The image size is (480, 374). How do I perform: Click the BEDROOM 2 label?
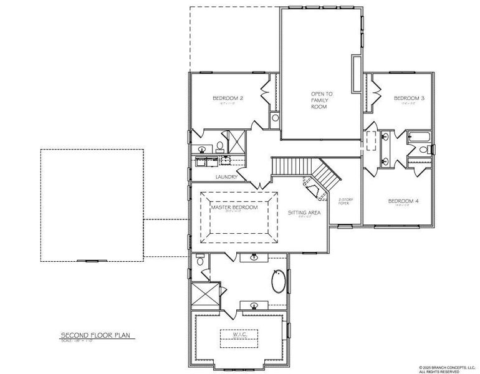click(x=228, y=98)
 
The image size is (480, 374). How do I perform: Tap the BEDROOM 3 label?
click(x=409, y=98)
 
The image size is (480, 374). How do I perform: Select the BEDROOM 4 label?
click(x=403, y=201)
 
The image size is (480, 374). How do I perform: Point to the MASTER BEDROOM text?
click(x=234, y=208)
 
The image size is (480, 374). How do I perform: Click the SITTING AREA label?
click(x=304, y=213)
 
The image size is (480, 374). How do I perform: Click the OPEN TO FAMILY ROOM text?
click(x=322, y=100)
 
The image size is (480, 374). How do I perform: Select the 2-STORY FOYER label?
click(x=345, y=201)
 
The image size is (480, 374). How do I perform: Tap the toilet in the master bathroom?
click(x=199, y=261)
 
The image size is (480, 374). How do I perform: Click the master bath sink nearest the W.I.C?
click(x=254, y=305)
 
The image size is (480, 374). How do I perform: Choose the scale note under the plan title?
click(x=79, y=340)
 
